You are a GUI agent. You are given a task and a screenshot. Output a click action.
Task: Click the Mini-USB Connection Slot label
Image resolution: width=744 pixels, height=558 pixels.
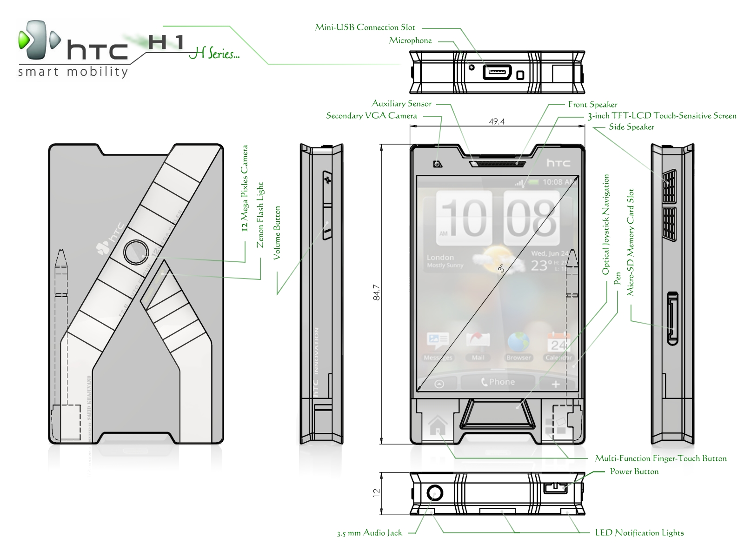365,27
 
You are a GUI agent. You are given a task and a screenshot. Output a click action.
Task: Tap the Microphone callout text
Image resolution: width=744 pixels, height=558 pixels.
410,41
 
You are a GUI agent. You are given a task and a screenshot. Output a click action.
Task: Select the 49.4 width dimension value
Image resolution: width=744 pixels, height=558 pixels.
497,122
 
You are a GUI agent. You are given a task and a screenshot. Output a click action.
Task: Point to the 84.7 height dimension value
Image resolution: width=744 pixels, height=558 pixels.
377,292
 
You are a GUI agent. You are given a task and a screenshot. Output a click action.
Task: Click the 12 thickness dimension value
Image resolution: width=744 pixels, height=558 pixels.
377,492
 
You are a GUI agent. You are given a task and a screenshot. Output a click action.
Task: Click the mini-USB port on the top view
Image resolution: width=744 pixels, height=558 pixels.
497,73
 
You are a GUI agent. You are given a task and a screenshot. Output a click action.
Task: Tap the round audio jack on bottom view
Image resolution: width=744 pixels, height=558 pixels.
435,492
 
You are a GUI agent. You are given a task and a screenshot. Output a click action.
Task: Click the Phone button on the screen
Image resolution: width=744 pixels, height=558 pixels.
498,382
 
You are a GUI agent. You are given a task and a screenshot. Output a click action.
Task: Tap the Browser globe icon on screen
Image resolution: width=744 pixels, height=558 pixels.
518,342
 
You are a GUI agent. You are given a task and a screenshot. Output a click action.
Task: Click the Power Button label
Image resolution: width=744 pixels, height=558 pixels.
634,472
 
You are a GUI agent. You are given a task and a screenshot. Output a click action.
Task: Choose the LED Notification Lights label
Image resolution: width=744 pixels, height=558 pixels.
639,533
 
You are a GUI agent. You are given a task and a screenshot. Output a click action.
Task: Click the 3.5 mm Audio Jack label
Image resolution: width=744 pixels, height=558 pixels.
369,533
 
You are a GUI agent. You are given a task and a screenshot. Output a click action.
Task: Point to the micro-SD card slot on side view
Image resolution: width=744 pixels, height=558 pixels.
672,319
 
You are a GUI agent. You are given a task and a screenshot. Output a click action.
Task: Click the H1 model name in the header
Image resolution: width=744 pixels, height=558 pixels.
166,43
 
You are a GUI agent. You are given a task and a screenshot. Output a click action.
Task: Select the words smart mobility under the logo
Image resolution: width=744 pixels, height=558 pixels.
73,72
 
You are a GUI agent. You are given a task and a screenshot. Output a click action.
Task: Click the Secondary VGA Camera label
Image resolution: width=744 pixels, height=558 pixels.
371,116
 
